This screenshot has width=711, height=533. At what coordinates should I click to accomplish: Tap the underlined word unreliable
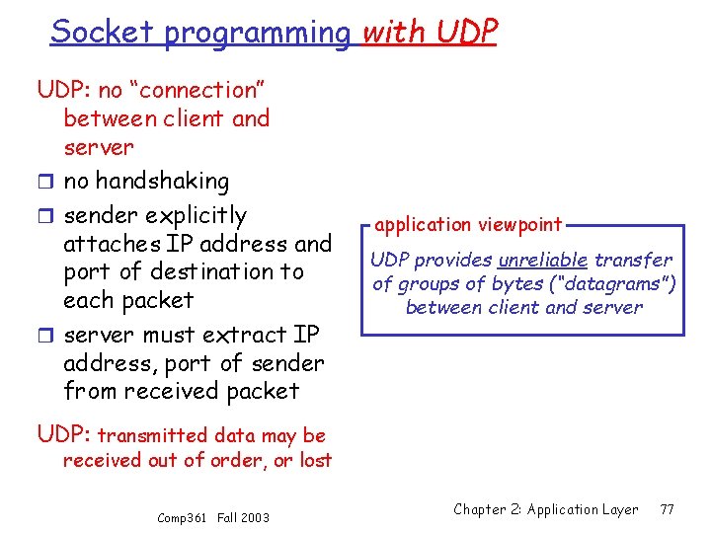(x=543, y=261)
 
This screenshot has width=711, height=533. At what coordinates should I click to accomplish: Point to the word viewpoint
(x=523, y=225)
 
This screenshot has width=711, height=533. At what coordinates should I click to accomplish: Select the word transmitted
(x=154, y=435)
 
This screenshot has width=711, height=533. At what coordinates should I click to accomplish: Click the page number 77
(x=667, y=509)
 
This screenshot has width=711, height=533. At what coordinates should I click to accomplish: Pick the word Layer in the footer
(x=619, y=510)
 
